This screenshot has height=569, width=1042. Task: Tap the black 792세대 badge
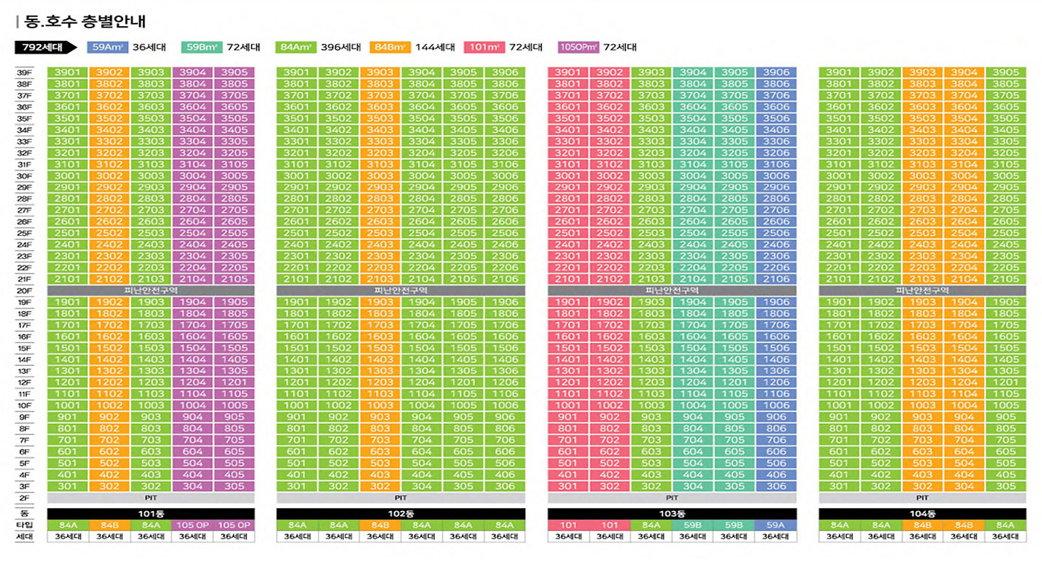[x=44, y=48]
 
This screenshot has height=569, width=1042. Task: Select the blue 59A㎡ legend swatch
[x=108, y=48]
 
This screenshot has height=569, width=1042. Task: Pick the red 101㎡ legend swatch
[x=484, y=48]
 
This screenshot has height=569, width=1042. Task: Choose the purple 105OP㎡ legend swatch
[x=578, y=48]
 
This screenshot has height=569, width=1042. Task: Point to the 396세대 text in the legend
[x=340, y=48]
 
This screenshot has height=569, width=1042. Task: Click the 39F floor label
[x=25, y=72]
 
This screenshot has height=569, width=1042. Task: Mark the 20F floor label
[x=25, y=291]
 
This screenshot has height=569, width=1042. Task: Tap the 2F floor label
[x=25, y=498]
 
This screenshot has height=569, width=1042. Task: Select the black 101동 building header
[x=151, y=514]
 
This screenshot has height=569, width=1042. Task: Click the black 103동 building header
[x=672, y=514]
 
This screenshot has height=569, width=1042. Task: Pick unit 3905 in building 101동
[x=234, y=72]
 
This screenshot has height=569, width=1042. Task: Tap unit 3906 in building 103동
[x=776, y=72]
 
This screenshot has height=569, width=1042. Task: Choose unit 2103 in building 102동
[x=380, y=279]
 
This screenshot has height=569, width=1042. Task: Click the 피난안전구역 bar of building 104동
[x=922, y=291]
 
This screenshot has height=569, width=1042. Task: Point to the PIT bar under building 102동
[x=400, y=498]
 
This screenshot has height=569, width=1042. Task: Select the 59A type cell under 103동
[x=776, y=525]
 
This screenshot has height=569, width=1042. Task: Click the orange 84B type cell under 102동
[x=380, y=525]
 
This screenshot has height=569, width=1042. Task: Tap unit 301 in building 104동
[x=839, y=486]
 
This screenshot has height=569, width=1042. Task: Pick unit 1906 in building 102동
[x=505, y=302]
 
